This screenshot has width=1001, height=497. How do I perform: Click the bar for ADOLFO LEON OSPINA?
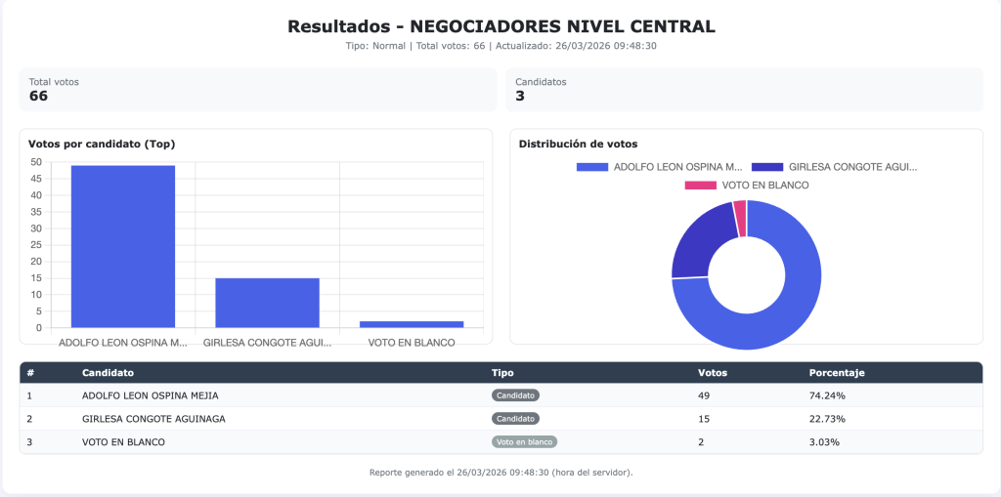click(123, 246)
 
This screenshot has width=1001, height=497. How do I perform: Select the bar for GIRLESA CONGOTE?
click(267, 303)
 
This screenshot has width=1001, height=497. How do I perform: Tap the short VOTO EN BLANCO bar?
click(411, 324)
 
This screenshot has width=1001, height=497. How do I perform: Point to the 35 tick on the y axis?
click(36, 212)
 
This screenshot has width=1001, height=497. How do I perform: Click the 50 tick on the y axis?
click(36, 162)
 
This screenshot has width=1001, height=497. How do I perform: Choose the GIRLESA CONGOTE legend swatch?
click(767, 167)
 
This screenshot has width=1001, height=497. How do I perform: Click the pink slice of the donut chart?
click(740, 217)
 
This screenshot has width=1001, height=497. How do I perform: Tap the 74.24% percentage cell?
click(827, 395)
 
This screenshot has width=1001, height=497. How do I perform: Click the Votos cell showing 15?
click(704, 419)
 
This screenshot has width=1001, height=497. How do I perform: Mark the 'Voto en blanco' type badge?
click(524, 442)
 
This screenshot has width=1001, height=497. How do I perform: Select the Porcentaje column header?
click(837, 373)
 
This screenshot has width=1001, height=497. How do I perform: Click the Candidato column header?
click(108, 373)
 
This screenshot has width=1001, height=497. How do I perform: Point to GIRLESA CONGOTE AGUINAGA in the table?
click(153, 419)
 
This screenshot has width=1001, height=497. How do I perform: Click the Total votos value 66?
click(38, 96)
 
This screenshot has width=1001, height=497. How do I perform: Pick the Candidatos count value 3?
click(520, 96)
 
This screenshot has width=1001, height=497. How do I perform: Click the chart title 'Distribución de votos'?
click(578, 144)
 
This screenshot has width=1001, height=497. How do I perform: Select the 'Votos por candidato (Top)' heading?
click(102, 144)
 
